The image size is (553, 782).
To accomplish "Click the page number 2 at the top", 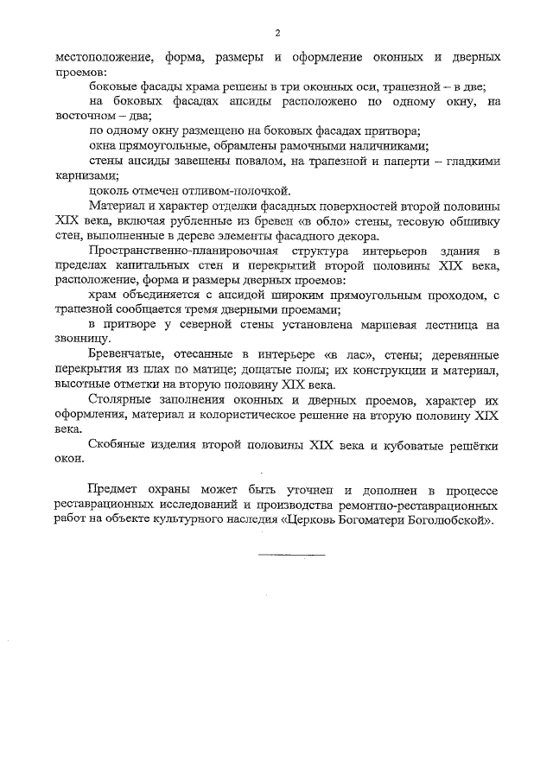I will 277,33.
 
